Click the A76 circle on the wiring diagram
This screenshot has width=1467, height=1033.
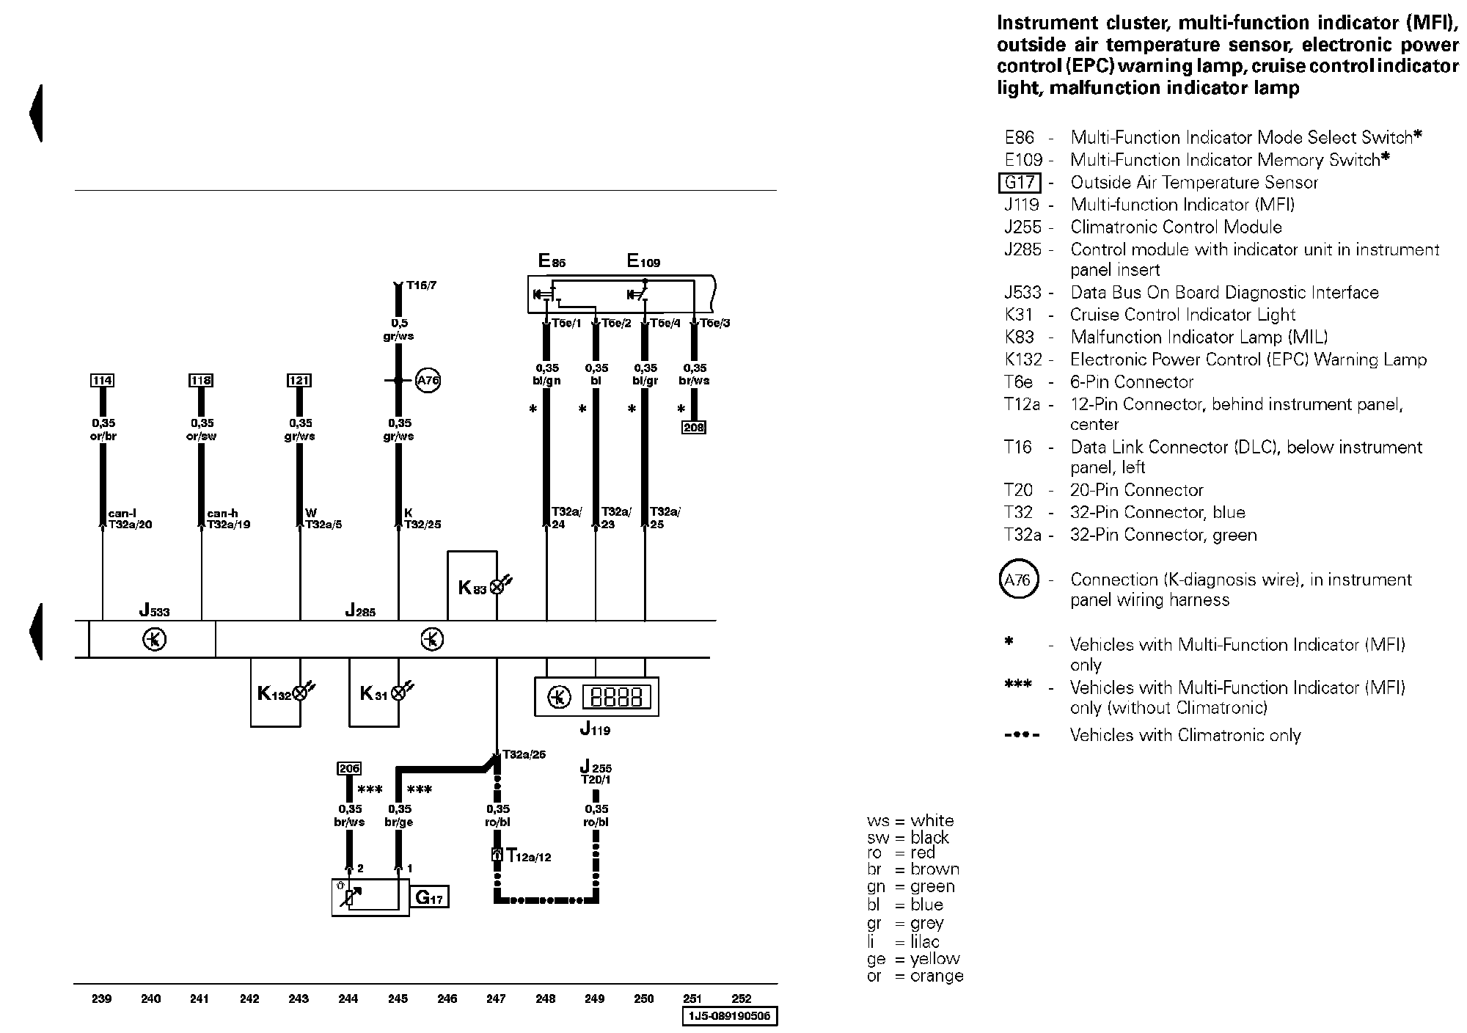(428, 381)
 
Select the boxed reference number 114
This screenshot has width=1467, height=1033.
(102, 380)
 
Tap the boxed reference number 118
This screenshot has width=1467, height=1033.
(201, 380)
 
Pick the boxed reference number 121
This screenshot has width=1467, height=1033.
(299, 380)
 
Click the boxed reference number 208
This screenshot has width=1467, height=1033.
(694, 427)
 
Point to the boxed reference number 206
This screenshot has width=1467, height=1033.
(349, 768)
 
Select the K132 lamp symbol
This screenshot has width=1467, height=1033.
(300, 693)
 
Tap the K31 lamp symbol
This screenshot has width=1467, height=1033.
(399, 693)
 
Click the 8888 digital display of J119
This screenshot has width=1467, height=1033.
(617, 696)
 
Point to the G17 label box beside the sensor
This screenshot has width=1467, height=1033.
(430, 897)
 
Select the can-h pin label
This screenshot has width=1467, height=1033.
(218, 514)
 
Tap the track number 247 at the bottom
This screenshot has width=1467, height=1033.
(496, 999)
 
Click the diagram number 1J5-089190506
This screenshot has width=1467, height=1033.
(731, 1016)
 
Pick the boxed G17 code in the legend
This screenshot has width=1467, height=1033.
(1020, 183)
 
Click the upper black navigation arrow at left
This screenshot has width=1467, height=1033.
(36, 114)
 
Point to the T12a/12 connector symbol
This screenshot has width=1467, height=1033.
(497, 855)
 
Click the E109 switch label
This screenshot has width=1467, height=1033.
(643, 260)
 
